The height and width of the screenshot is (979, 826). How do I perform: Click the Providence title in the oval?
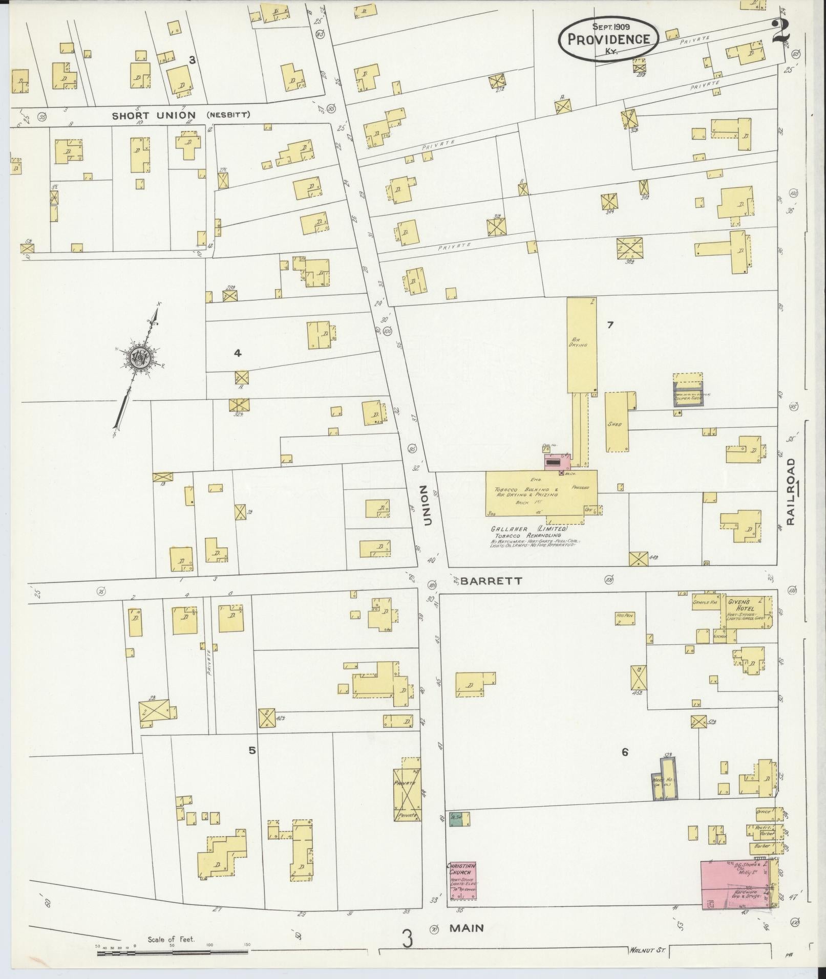pos(608,39)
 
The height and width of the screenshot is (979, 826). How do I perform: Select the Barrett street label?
pos(492,581)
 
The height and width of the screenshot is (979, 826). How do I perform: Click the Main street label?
pos(468,927)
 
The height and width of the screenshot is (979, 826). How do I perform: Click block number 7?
pos(610,324)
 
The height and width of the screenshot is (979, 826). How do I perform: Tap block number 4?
pos(237,353)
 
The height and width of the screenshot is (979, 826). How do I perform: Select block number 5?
pos(252,751)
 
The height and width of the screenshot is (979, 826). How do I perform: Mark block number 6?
pos(625,752)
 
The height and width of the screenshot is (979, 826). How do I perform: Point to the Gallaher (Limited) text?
pos(529,529)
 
